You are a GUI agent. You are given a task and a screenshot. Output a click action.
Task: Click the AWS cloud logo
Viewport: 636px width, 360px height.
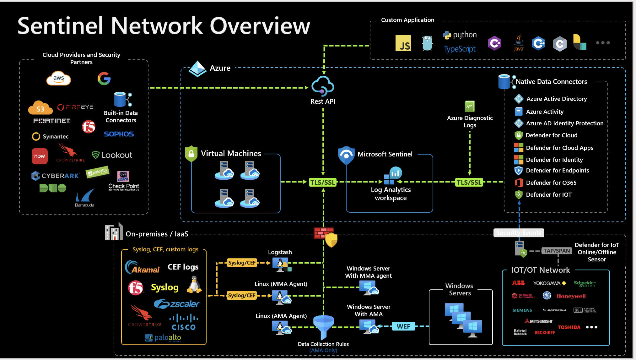[x=59, y=79]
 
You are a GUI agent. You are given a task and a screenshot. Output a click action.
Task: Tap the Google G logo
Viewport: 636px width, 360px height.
[x=104, y=79]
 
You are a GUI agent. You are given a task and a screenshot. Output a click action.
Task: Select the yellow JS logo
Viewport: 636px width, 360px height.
[x=403, y=43]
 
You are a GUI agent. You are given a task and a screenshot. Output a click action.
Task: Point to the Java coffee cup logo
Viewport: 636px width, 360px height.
[x=519, y=43]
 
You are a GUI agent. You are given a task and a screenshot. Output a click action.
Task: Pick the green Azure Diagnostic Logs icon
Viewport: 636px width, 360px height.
[x=470, y=106]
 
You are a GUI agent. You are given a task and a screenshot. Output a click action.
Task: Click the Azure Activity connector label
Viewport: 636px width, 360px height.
[x=545, y=112]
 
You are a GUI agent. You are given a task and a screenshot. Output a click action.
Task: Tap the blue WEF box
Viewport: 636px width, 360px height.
[x=403, y=326]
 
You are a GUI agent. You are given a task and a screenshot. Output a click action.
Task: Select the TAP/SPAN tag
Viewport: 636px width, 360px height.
[x=557, y=251]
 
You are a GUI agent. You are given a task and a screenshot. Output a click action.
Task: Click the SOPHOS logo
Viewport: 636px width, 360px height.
[x=119, y=134]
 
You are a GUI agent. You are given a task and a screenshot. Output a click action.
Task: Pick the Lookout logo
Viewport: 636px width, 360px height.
[x=112, y=155]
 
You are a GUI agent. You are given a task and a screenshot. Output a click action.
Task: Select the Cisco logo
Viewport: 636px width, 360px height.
[x=184, y=323]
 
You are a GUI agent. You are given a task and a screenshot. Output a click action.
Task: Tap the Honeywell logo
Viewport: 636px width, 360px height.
[x=571, y=296]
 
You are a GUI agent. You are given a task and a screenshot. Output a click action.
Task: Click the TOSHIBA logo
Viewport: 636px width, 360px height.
[x=569, y=327]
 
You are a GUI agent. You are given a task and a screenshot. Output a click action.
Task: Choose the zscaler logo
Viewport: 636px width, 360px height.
[x=177, y=304]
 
